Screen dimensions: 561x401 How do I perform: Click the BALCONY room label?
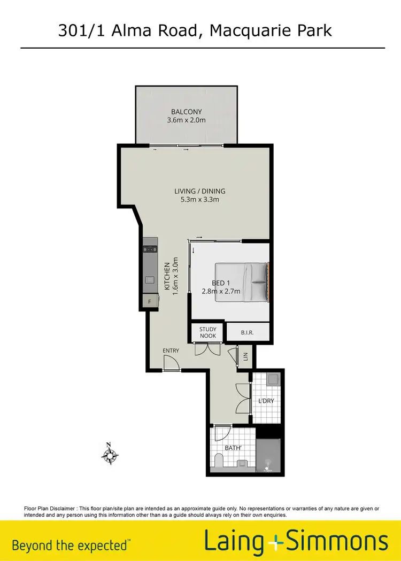point(187,112)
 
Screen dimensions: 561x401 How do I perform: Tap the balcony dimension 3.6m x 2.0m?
point(187,120)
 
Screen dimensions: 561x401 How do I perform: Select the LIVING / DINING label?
point(200,191)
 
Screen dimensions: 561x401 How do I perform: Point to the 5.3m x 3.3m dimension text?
point(200,200)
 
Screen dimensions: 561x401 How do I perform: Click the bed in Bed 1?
point(242,282)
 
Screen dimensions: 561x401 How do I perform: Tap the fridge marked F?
point(150,302)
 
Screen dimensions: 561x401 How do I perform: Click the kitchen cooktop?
point(150,249)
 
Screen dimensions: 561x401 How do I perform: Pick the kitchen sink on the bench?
point(150,279)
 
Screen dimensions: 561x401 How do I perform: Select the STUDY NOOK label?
point(208,332)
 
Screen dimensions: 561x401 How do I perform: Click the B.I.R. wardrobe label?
point(247,332)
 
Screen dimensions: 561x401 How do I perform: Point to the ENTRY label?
point(171,350)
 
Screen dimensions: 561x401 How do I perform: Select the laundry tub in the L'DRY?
point(272,379)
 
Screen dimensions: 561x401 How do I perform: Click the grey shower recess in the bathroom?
point(268,455)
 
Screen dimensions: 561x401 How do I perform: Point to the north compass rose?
point(110,456)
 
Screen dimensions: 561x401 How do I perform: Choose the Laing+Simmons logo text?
point(296,542)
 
